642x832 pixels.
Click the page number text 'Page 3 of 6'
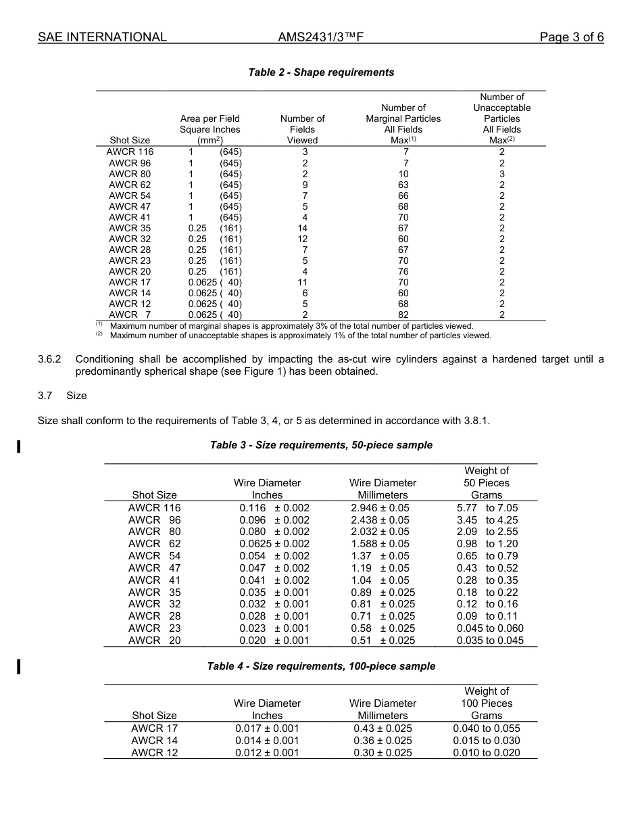pos(571,37)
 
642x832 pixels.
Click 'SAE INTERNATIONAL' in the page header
pos(102,37)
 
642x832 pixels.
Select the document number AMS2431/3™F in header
pos(321,37)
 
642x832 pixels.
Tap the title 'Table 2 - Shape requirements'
pos(321,72)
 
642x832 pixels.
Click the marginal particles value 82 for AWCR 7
pos(403,315)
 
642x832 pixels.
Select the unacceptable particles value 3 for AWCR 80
pos(501,174)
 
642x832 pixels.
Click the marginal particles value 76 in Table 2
pos(403,271)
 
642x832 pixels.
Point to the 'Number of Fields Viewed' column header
pos(302,129)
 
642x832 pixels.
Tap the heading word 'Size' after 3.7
pos(76,396)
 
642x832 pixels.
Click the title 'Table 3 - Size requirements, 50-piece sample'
pos(321,445)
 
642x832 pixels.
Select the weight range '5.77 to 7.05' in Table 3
pos(487,508)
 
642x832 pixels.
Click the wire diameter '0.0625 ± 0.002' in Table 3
pos(274,544)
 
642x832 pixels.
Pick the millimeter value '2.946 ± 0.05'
pos(380,508)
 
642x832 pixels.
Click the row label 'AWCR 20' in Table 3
pos(154,641)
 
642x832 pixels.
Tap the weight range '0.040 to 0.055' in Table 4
pos(487,729)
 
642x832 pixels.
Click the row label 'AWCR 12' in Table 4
pos(154,753)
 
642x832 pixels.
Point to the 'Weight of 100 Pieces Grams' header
pos(487,703)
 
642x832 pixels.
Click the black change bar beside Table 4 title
pos(19,666)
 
